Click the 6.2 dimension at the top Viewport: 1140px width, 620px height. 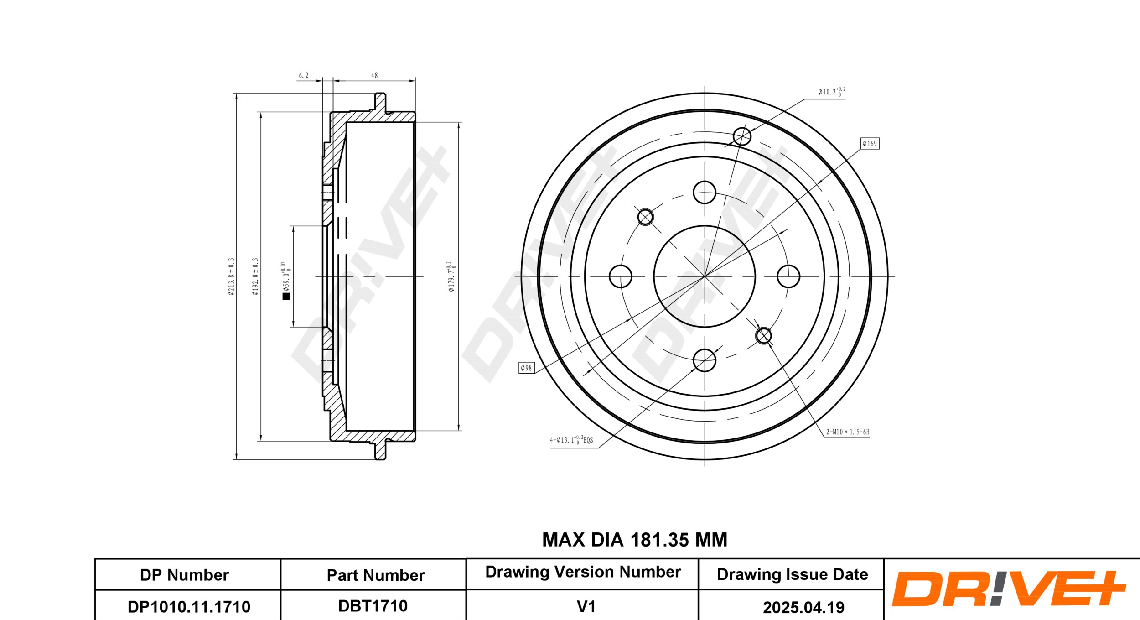(304, 75)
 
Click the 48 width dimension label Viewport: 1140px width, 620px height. (374, 75)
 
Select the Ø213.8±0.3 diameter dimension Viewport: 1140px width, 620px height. (231, 276)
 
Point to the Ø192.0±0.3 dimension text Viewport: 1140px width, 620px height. (255, 276)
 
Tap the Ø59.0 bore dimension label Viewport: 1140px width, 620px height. (286, 276)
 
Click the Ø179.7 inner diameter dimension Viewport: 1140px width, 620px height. (451, 276)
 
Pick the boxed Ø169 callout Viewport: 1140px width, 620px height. (870, 144)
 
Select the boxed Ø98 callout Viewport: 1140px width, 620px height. (527, 368)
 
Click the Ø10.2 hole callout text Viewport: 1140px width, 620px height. (831, 92)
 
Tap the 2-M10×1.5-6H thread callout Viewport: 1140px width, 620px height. (848, 432)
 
